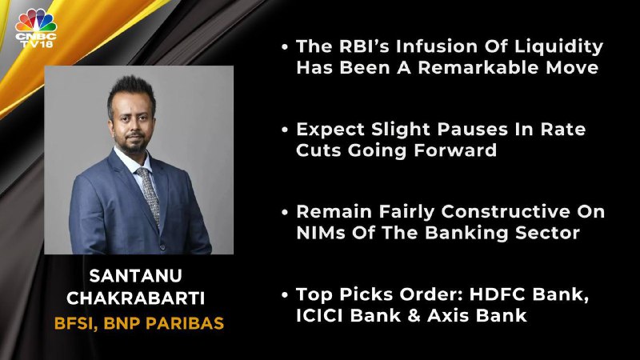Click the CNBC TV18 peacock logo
click(x=36, y=28)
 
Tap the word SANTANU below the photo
click(x=135, y=276)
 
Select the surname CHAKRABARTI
click(x=135, y=298)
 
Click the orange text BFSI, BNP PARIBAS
click(x=139, y=323)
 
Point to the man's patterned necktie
click(x=149, y=193)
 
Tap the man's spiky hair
click(x=131, y=92)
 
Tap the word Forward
click(x=455, y=150)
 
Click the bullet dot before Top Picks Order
click(x=285, y=294)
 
